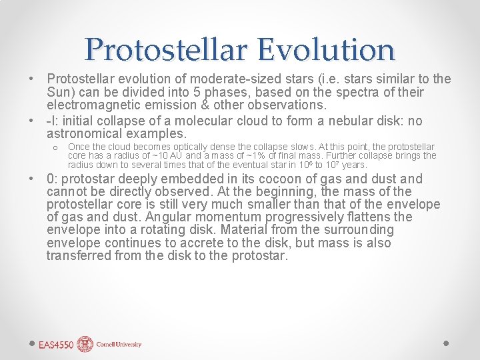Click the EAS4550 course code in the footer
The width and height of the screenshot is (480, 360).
pyautogui.click(x=55, y=345)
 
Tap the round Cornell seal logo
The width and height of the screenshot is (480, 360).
pyautogui.click(x=85, y=344)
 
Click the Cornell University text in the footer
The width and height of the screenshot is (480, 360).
pyautogui.click(x=119, y=345)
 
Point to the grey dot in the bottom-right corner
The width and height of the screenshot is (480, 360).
pyautogui.click(x=446, y=343)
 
